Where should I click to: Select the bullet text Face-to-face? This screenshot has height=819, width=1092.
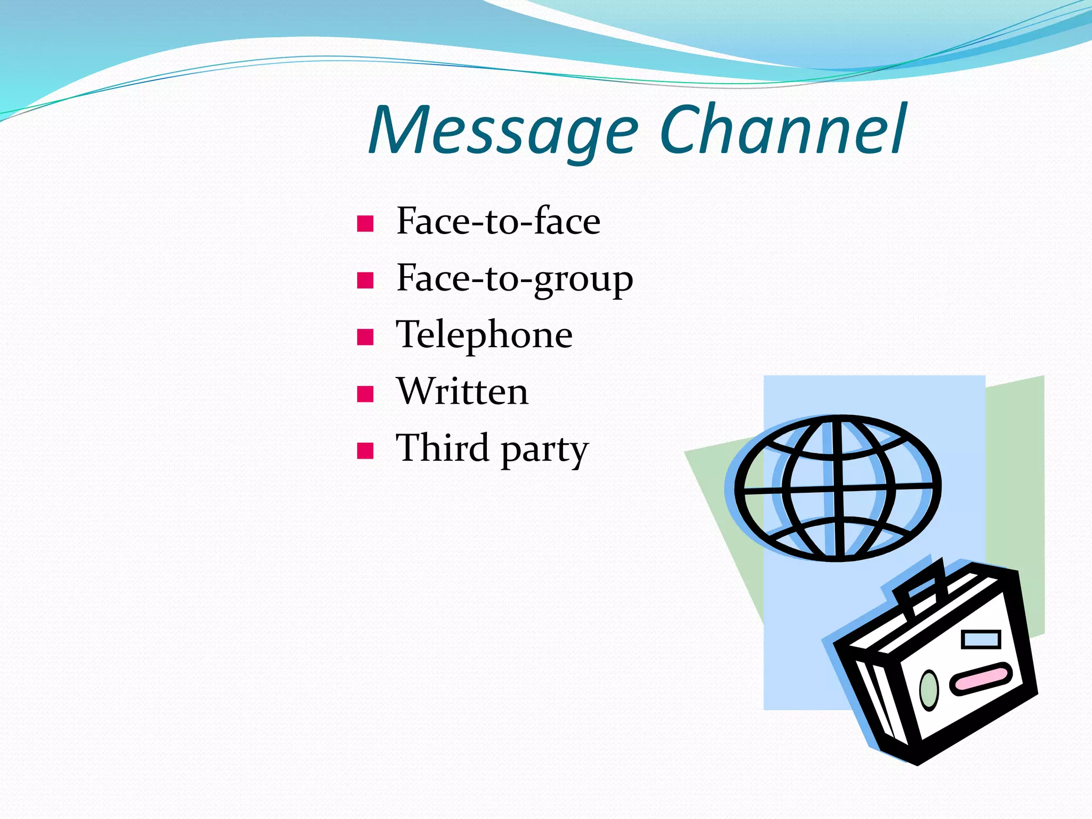pos(498,221)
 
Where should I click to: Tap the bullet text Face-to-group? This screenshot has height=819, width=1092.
pos(514,278)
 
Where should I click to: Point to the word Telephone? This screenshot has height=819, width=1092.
pos(484,335)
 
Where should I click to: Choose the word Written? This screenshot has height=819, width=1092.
pos(462,392)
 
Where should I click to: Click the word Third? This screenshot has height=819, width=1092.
pos(442,448)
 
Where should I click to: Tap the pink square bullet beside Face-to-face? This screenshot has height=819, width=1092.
pos(365,223)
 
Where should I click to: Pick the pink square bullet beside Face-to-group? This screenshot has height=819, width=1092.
pos(365,280)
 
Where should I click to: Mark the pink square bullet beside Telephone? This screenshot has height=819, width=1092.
pos(365,338)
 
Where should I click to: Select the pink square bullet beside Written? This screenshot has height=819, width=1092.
pos(365,394)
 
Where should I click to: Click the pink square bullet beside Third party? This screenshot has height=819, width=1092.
pos(365,451)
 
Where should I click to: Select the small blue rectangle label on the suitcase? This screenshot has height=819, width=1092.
pos(981,639)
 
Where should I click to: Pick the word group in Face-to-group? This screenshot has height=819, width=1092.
pos(583,279)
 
